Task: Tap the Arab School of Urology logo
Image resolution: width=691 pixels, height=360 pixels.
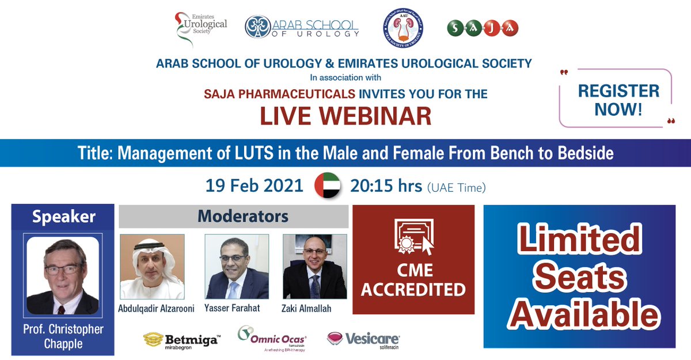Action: tap(302, 27)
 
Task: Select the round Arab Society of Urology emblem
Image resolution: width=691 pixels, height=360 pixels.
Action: tap(402, 28)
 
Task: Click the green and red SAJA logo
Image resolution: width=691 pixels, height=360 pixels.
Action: tap(483, 27)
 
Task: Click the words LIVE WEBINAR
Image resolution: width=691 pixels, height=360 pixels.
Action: tap(345, 115)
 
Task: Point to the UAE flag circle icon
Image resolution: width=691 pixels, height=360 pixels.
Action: tap(326, 185)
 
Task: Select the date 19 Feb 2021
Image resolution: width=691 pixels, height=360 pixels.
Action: tap(255, 185)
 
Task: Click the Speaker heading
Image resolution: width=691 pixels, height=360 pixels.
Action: tap(64, 217)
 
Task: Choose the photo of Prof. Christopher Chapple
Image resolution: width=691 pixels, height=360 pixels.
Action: tap(63, 275)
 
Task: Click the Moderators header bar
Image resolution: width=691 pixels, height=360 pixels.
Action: tap(234, 217)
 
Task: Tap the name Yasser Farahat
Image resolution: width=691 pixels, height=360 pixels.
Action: tap(232, 308)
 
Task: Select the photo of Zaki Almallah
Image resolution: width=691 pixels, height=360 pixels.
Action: tap(315, 266)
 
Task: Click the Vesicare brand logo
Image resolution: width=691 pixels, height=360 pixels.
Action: tap(363, 339)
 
